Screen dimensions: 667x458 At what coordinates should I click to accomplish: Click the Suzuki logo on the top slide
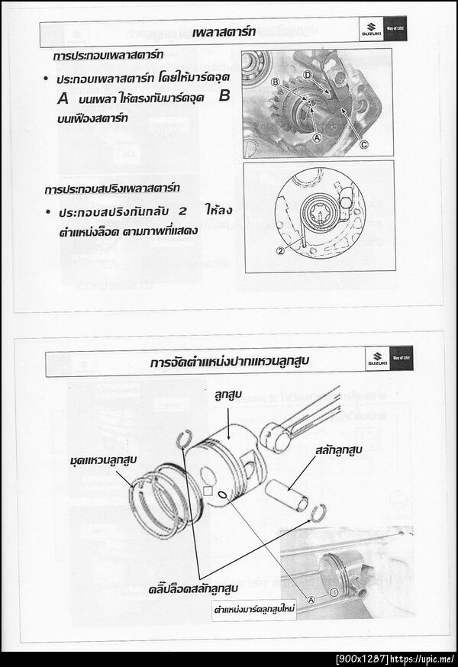point(370,34)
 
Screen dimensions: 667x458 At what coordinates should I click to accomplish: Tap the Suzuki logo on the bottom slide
point(377,359)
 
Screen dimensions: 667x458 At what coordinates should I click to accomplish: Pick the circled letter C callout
point(363,143)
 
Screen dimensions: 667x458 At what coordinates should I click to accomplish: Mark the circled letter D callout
point(307,75)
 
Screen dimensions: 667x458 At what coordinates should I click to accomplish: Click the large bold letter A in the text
point(63,98)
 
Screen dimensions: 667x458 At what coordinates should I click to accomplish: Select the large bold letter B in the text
point(224,97)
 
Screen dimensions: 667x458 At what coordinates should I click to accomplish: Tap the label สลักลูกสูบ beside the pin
point(336,451)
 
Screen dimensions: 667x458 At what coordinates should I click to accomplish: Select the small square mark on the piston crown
point(207,491)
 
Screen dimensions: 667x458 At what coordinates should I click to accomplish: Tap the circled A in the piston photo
point(311,599)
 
